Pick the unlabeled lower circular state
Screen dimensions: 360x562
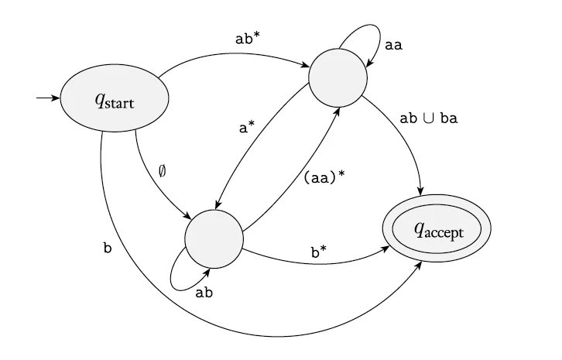pyautogui.click(x=214, y=238)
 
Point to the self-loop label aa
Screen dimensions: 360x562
pyautogui.click(x=393, y=45)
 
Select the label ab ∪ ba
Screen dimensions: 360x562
pyautogui.click(x=428, y=118)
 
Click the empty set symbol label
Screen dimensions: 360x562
pyautogui.click(x=162, y=171)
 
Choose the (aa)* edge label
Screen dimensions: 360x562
pyautogui.click(x=324, y=177)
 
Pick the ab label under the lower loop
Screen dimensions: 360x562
pyautogui.click(x=204, y=293)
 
